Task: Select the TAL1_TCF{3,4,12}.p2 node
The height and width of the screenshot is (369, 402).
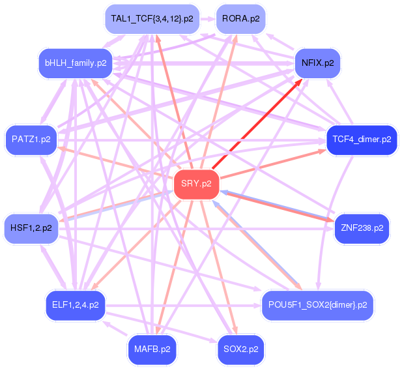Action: click(x=152, y=19)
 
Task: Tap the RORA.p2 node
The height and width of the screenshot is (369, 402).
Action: click(x=240, y=19)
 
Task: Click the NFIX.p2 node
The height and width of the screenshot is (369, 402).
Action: click(x=318, y=63)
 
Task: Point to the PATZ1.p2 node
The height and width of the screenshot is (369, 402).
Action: click(x=31, y=139)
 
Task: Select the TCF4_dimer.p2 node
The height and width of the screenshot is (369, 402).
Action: click(x=362, y=140)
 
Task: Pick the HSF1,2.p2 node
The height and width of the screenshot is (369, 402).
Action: click(x=31, y=228)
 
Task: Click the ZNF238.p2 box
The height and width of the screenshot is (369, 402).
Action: click(x=362, y=228)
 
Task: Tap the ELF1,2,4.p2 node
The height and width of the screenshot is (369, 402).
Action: click(x=76, y=304)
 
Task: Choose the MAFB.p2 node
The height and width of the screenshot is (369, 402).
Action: click(x=152, y=349)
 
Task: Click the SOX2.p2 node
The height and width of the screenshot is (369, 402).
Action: click(x=240, y=349)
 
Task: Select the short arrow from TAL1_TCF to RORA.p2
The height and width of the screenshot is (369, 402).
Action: click(x=207, y=19)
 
